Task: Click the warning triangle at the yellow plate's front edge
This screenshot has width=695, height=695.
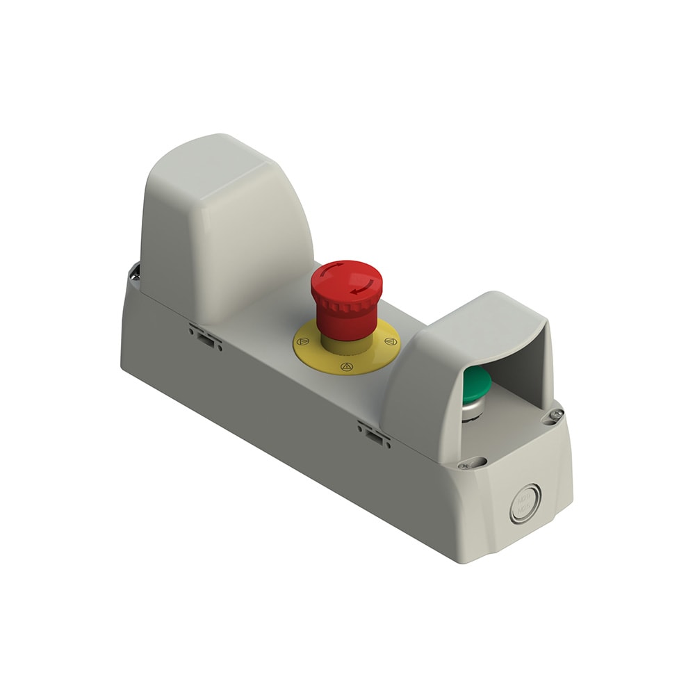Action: click(345, 367)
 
